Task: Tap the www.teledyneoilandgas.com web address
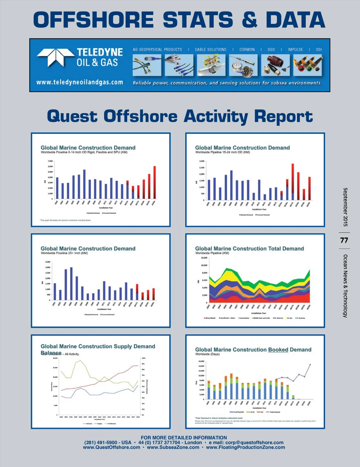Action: point(80,82)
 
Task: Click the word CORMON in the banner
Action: point(247,50)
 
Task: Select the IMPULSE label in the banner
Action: point(295,50)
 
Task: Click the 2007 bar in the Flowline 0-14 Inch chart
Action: point(84,184)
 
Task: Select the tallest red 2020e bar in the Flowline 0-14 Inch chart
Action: point(154,182)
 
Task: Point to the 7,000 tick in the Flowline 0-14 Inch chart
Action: point(50,161)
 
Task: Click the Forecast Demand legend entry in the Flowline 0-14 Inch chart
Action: point(109,213)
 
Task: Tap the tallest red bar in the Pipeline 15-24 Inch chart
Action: point(292,182)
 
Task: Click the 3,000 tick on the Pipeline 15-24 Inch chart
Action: point(202,161)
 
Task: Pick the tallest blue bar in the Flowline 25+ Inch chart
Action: point(71,283)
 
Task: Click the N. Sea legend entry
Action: point(289,318)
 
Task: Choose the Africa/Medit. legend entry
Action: point(210,318)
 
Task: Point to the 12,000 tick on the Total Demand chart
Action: point(204,258)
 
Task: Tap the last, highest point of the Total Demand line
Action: point(310,365)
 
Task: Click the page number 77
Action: point(344,240)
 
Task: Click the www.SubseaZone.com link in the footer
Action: point(173,447)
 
